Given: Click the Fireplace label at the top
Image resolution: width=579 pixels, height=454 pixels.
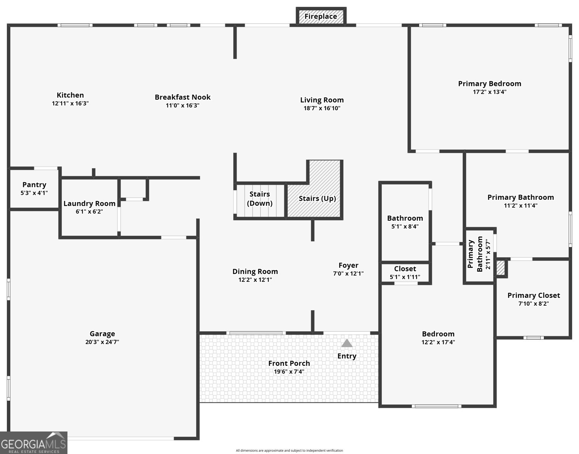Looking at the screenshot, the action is (320, 17).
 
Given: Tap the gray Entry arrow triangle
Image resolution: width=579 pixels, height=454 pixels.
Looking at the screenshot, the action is (347, 343).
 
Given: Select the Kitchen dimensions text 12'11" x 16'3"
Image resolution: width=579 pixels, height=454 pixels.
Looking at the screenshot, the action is (70, 104).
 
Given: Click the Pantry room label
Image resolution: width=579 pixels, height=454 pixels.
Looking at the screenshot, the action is (34, 185).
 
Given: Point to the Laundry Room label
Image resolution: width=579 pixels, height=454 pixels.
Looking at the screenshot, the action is (89, 204).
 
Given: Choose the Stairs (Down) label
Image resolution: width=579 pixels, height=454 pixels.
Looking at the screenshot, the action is (260, 199).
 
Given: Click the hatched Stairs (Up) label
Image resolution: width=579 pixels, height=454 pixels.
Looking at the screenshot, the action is (317, 199).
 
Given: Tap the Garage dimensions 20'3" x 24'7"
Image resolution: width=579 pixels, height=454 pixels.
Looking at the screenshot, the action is (102, 342).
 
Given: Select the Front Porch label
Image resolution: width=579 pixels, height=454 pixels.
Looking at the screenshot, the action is (289, 363).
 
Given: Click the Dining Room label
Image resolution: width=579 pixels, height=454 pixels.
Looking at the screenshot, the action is (255, 272).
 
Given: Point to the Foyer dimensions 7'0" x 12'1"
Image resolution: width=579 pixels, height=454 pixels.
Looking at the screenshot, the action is (348, 274).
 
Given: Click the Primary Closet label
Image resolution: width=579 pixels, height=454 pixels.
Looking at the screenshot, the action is (533, 295).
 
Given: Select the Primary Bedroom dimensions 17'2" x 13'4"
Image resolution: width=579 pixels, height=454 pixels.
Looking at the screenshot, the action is (489, 92).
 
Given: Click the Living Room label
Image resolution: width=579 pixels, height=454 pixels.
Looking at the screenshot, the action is (322, 100).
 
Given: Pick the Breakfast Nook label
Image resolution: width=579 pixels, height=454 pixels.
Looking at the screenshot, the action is (183, 97).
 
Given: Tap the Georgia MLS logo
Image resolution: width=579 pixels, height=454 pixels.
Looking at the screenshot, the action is (34, 443).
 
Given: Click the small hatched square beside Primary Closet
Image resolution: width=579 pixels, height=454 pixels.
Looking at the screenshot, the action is (501, 268).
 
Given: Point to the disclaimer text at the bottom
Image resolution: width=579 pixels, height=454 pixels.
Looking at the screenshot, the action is (289, 451).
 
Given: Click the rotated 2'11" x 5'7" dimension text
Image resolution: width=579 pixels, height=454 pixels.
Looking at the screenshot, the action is (488, 254).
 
